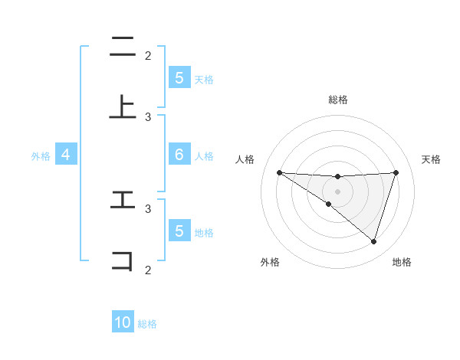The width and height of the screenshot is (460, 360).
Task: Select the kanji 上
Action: pyautogui.click(x=123, y=107)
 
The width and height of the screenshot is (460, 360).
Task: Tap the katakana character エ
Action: pyautogui.click(x=123, y=200)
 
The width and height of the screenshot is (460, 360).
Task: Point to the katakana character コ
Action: pyautogui.click(x=123, y=260)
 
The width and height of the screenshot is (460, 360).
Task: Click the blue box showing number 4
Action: pyautogui.click(x=65, y=155)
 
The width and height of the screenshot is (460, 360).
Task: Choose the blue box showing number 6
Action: pyautogui.click(x=179, y=155)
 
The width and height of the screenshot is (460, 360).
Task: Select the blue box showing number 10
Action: pyautogui.click(x=123, y=323)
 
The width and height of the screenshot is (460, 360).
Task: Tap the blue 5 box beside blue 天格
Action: pyautogui.click(x=179, y=78)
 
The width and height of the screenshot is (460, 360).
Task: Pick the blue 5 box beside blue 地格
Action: pyautogui.click(x=179, y=231)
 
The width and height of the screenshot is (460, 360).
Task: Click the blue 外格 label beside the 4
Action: pyautogui.click(x=41, y=155)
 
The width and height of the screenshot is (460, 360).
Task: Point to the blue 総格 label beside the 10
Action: pyautogui.click(x=147, y=324)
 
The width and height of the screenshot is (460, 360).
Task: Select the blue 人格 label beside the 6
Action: pyautogui.click(x=204, y=155)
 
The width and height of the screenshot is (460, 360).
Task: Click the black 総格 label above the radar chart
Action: pyautogui.click(x=338, y=100)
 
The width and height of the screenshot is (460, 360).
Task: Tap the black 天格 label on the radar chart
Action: pyautogui.click(x=432, y=159)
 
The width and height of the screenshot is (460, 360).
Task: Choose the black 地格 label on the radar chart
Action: pyautogui.click(x=402, y=262)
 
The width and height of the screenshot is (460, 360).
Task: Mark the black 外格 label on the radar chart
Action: pyautogui.click(x=270, y=262)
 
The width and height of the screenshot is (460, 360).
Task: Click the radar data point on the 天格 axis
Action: pyautogui.click(x=396, y=172)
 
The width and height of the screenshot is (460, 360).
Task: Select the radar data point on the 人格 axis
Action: pyautogui.click(x=279, y=172)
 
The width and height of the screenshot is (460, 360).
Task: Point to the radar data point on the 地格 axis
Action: pyautogui.click(x=373, y=241)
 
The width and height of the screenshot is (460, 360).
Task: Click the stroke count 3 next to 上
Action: pyautogui.click(x=148, y=116)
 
